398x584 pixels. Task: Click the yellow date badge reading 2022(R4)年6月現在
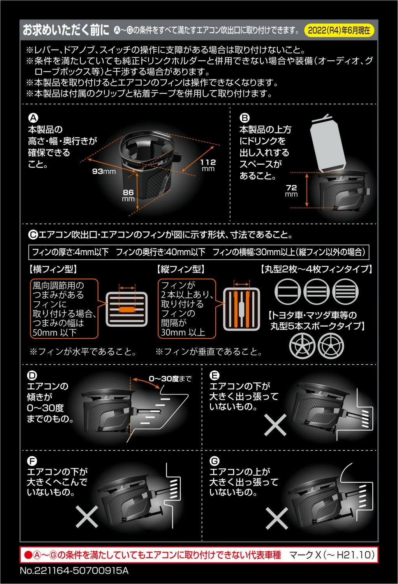click(338, 30)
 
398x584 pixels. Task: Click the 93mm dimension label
click(104, 171)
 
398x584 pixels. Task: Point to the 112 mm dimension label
click(208, 165)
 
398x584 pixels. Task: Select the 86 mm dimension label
click(128, 195)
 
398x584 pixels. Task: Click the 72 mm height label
click(291, 190)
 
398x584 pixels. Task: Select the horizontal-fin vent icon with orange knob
click(127, 309)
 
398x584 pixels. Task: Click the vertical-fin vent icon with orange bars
click(241, 310)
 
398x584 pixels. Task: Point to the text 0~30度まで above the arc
click(170, 378)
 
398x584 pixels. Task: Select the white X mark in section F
click(86, 517)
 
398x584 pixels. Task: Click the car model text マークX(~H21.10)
click(332, 555)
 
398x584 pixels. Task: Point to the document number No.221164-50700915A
click(74, 571)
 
